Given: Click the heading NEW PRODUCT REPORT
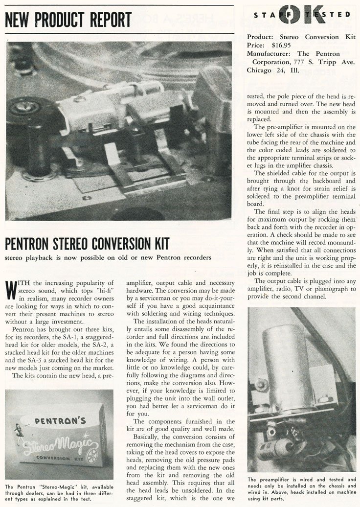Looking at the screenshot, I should (68, 20).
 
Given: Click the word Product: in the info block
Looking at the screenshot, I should (263, 37).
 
